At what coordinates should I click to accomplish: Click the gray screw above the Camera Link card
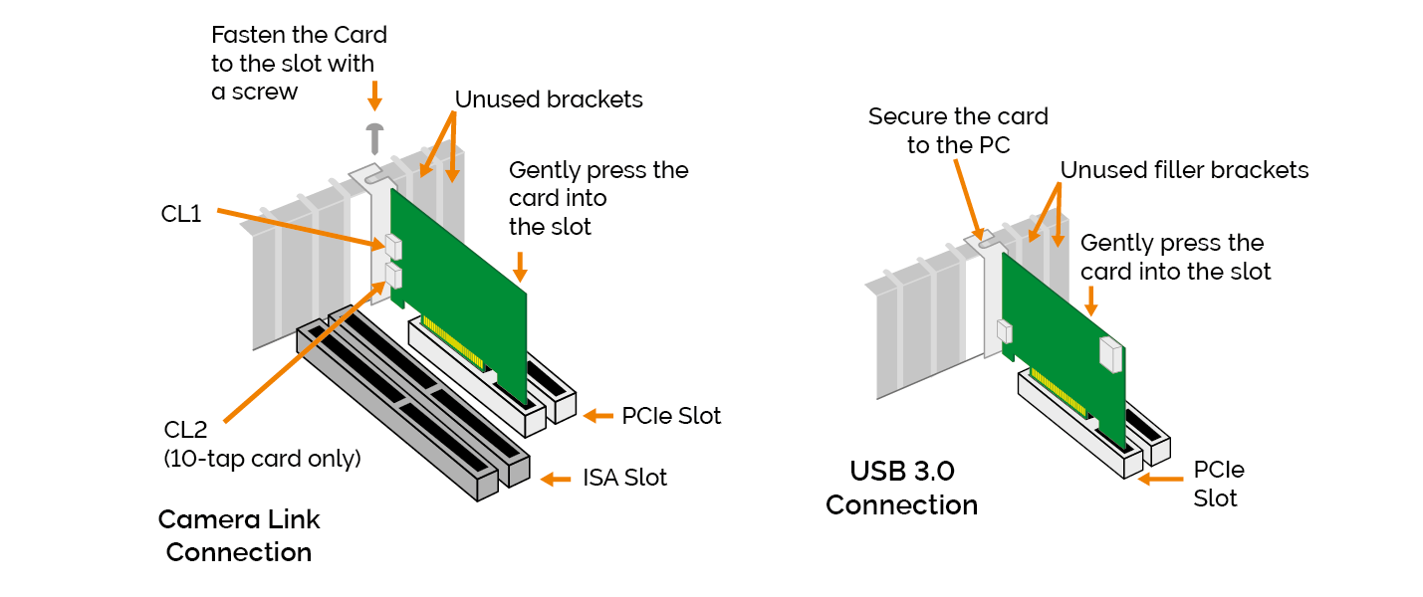pyautogui.click(x=374, y=134)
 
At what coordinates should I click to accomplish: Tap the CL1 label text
pyautogui.click(x=181, y=214)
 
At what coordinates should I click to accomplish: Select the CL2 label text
pyautogui.click(x=186, y=430)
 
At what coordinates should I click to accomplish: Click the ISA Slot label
pyautogui.click(x=624, y=478)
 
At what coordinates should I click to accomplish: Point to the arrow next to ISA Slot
pyautogui.click(x=555, y=479)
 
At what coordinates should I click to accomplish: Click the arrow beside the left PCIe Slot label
pyautogui.click(x=597, y=415)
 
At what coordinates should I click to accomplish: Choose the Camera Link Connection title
pyautogui.click(x=239, y=535)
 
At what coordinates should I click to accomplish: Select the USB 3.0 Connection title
pyautogui.click(x=901, y=488)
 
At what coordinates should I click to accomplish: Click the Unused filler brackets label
pyautogui.click(x=1184, y=170)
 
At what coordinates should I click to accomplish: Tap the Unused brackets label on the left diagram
pyautogui.click(x=549, y=99)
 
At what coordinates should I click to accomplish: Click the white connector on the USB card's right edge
pyautogui.click(x=1110, y=353)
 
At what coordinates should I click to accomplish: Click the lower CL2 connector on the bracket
pyautogui.click(x=391, y=276)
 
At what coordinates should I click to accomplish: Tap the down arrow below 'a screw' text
pyautogui.click(x=374, y=96)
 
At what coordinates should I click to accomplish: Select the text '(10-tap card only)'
pyautogui.click(x=262, y=459)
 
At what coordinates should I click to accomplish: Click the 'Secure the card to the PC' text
pyautogui.click(x=958, y=130)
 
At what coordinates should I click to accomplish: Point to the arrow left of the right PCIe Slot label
pyautogui.click(x=1155, y=479)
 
